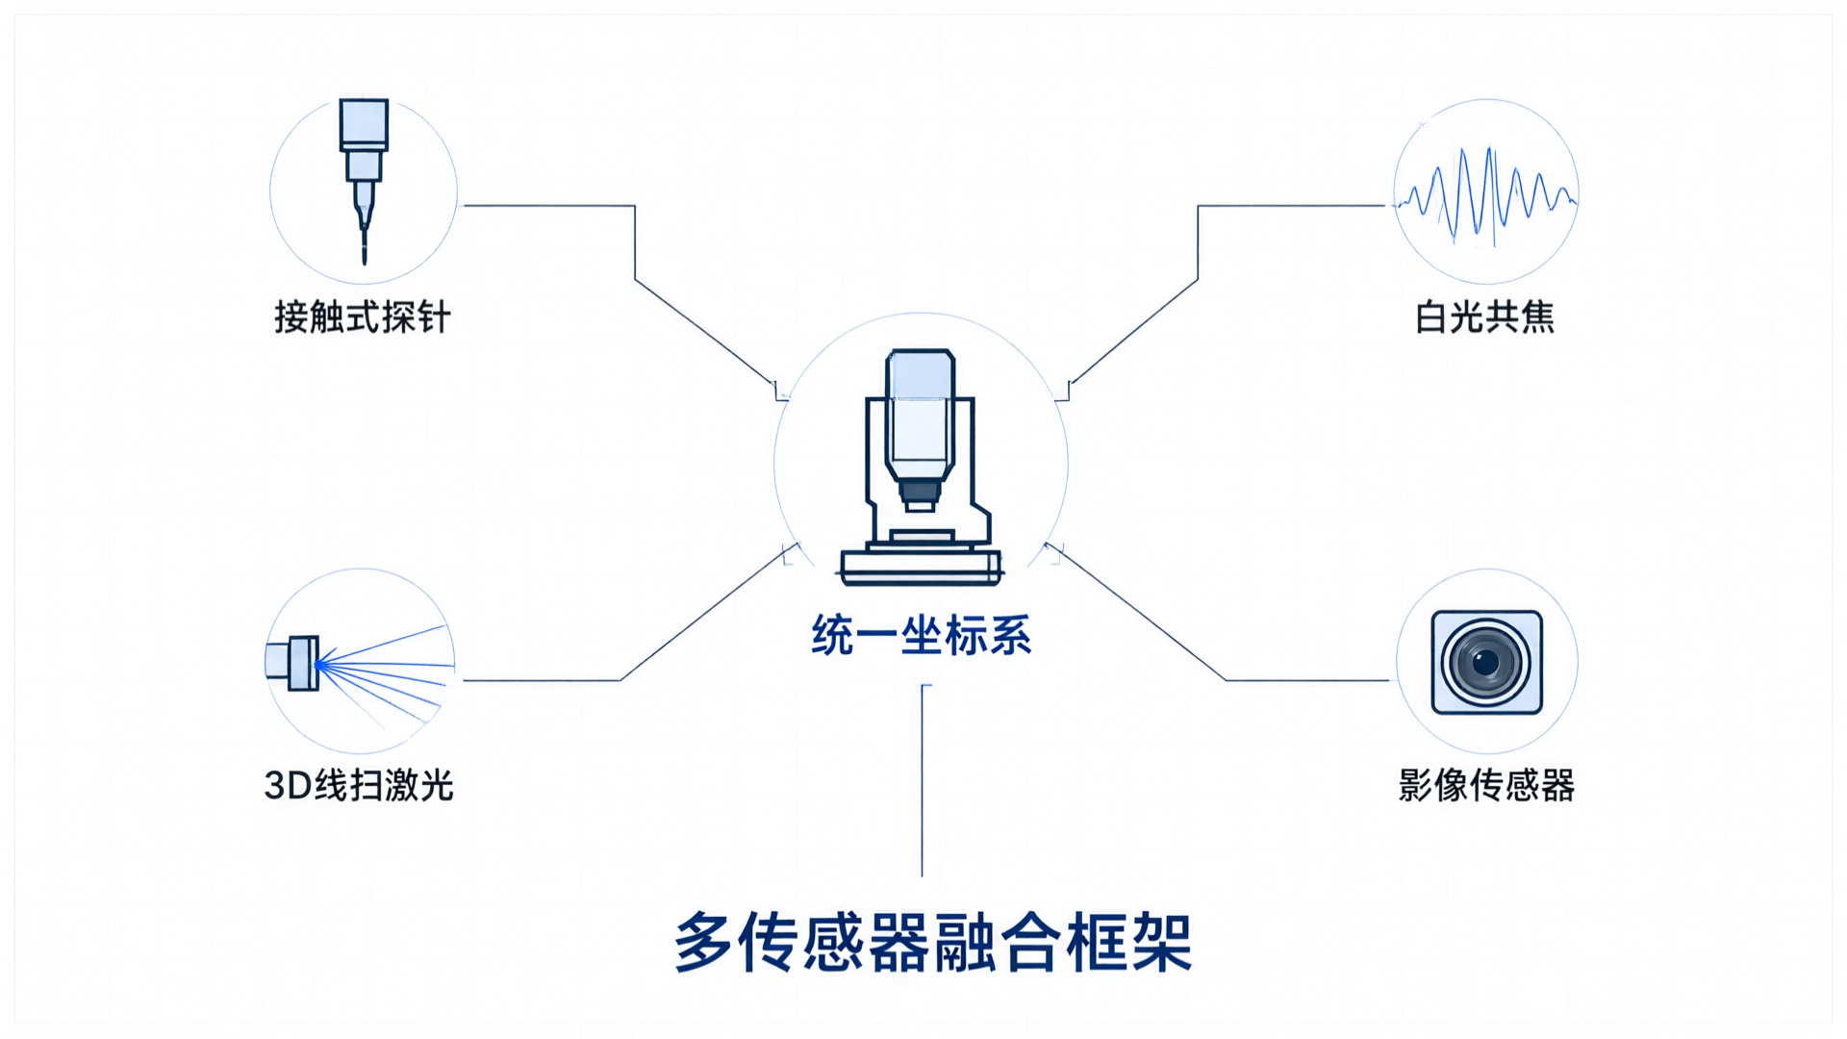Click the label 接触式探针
click(363, 317)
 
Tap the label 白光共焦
click(1485, 317)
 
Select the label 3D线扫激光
click(359, 786)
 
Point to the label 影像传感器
click(1486, 786)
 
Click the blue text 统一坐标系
click(922, 636)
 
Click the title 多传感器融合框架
click(933, 942)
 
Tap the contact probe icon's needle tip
click(364, 260)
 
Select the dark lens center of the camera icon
click(1486, 662)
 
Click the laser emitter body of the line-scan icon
click(292, 663)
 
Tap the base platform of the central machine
click(921, 567)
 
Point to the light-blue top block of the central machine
click(921, 375)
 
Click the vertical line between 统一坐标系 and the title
click(922, 780)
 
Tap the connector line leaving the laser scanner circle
click(620, 680)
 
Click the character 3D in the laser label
click(288, 786)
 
